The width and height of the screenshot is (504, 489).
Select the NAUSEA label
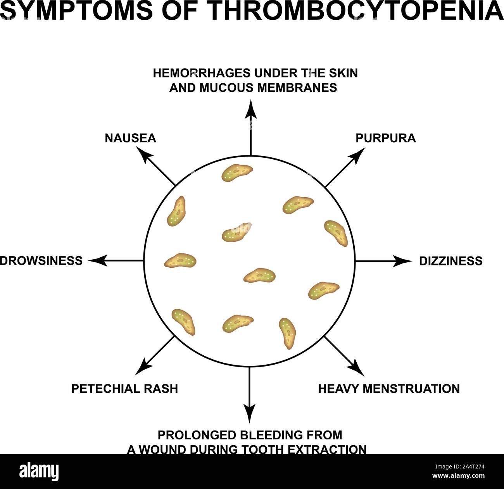[x=131, y=138]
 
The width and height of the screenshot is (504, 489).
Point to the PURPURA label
[x=386, y=138]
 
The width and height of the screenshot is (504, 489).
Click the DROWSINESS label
[x=41, y=261]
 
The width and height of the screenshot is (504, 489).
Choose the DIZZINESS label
[x=451, y=261]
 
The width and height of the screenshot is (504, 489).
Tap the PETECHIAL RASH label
[x=124, y=389]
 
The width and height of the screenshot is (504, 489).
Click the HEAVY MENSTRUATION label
[x=389, y=389]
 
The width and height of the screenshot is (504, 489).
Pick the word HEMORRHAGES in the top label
[x=202, y=73]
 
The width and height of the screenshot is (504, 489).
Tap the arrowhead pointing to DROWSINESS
[x=98, y=260]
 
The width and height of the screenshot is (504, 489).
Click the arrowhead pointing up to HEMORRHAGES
[x=251, y=109]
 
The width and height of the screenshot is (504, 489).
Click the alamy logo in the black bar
[x=39, y=472]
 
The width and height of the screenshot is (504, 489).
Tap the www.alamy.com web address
[x=458, y=476]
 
